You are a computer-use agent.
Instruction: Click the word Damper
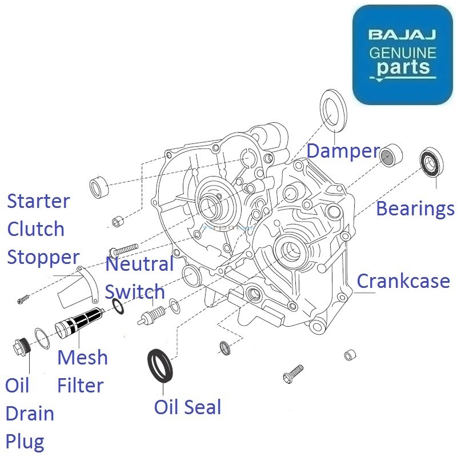click(x=343, y=151)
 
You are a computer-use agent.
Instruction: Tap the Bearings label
click(x=415, y=209)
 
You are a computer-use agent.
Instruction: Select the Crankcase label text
click(x=403, y=281)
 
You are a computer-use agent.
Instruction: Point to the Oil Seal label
click(x=187, y=407)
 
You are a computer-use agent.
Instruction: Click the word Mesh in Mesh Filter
click(x=82, y=358)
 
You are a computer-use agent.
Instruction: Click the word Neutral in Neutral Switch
click(x=139, y=264)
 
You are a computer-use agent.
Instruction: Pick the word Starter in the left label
click(x=38, y=201)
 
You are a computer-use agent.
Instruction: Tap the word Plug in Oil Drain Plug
click(x=25, y=441)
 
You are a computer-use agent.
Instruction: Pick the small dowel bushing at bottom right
click(x=350, y=355)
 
